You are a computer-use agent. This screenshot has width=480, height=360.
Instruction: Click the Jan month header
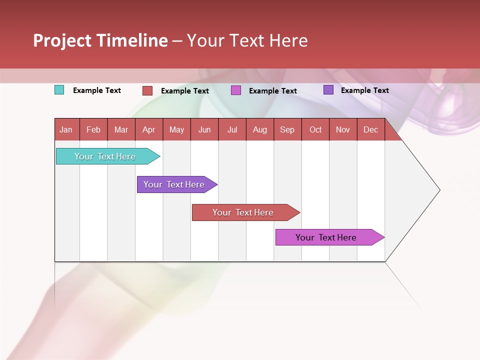(66, 129)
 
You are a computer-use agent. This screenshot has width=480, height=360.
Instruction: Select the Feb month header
(93, 129)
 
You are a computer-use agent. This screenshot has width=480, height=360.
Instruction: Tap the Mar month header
(121, 129)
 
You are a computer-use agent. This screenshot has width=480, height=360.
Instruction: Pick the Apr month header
(149, 129)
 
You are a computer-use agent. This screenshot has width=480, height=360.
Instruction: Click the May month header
(176, 129)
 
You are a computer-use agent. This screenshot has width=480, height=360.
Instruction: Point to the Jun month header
(204, 129)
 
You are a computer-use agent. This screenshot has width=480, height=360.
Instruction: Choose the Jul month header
(232, 129)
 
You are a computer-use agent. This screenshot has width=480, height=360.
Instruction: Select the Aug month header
(260, 129)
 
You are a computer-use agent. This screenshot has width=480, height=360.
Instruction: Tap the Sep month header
(287, 129)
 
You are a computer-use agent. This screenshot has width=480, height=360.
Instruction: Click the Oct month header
(315, 129)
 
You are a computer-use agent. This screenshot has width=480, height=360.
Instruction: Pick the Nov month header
(343, 129)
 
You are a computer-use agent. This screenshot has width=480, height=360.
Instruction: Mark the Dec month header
(371, 129)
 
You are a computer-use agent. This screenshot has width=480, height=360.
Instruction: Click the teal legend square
(59, 90)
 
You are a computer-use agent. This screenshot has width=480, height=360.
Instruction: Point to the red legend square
(147, 90)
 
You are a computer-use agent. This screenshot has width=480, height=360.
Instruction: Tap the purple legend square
(328, 90)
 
